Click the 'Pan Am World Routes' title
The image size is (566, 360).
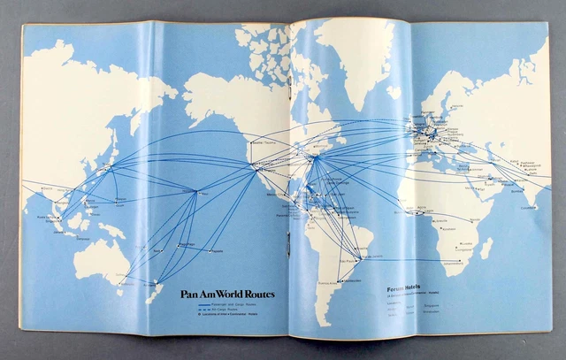(x=225, y=295)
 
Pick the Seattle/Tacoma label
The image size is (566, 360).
(x=263, y=138)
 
